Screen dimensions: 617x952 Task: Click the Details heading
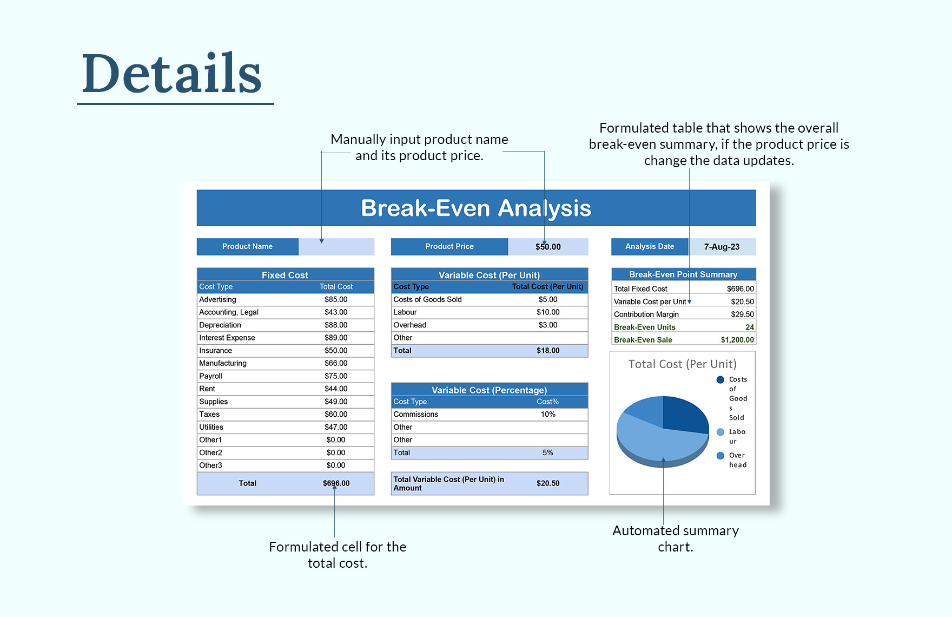(x=172, y=74)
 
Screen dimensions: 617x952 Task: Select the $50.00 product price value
(x=548, y=247)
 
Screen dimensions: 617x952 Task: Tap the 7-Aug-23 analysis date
(x=722, y=247)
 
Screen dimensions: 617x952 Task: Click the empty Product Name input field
(x=336, y=247)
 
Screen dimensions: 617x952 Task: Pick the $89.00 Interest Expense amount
(x=336, y=338)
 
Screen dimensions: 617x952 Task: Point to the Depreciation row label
(x=220, y=325)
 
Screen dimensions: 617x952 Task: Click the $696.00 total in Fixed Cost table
(x=336, y=483)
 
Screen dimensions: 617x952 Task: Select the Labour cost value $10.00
(x=548, y=312)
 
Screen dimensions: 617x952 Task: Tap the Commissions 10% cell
(x=548, y=414)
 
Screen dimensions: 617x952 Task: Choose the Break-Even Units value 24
(x=749, y=327)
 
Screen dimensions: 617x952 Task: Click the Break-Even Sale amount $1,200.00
(x=737, y=340)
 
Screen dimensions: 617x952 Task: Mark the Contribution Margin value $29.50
(x=742, y=314)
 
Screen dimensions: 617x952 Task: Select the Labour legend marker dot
(x=720, y=432)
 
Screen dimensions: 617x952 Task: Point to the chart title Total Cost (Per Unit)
(x=682, y=364)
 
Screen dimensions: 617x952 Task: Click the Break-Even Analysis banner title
(x=476, y=208)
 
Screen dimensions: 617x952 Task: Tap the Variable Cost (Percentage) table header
(x=489, y=390)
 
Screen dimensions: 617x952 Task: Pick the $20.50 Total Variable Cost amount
(x=548, y=483)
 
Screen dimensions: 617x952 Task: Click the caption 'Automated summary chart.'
(x=675, y=539)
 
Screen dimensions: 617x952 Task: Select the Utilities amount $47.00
(x=336, y=427)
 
